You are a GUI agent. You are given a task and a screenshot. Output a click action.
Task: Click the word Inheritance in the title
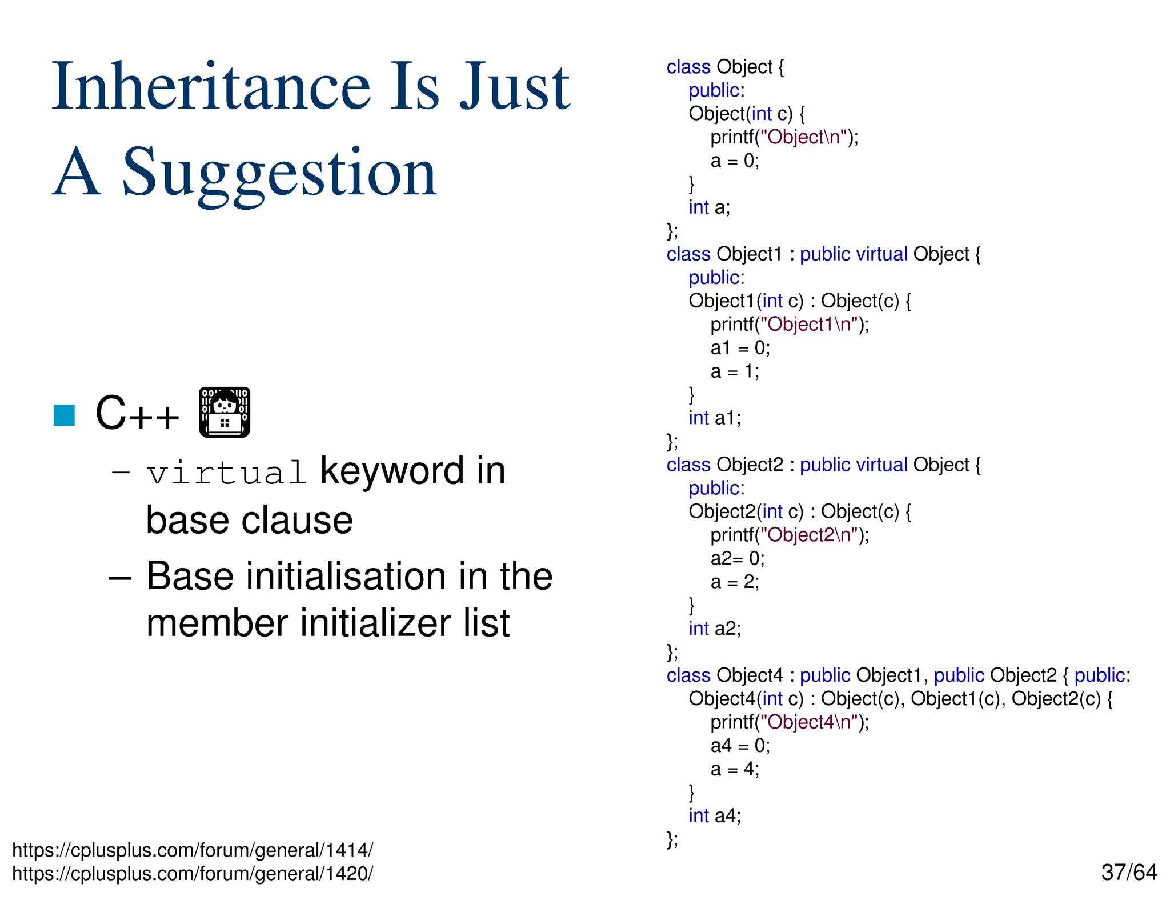[211, 87]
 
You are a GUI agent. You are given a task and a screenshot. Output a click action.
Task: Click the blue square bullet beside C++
[64, 415]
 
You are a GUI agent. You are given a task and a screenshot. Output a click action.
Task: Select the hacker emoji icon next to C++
[225, 412]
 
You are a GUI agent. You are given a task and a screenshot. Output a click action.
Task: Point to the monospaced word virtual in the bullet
[226, 473]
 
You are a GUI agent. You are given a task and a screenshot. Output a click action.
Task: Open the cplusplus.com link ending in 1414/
[193, 850]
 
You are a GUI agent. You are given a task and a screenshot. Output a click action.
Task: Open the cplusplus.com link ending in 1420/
[193, 874]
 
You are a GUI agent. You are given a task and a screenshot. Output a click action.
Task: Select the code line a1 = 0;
[740, 347]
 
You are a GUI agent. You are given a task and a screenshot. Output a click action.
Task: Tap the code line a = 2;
[735, 582]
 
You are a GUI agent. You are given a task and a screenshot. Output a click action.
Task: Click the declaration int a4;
[714, 815]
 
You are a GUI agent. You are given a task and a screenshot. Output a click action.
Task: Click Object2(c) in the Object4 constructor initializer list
[1056, 699]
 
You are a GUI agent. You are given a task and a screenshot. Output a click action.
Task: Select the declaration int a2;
[714, 629]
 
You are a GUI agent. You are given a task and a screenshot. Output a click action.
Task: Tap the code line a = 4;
[735, 769]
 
